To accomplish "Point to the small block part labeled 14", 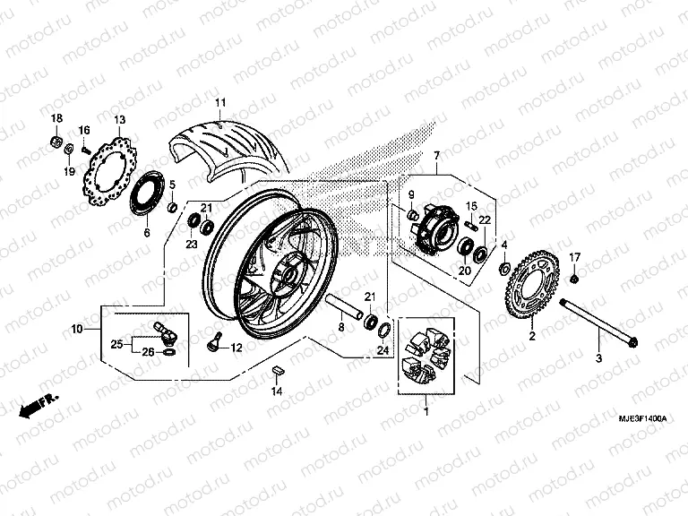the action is [278, 369].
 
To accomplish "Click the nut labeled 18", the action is [56, 142].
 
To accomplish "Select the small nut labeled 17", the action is [574, 279].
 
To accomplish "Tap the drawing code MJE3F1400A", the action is [642, 418].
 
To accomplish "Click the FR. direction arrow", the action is [39, 406].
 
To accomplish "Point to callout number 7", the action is [436, 155].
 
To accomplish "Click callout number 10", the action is [77, 328].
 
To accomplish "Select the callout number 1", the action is [426, 411].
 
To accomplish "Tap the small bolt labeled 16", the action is [85, 150].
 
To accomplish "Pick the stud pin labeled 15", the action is [471, 225].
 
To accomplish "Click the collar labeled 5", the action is [173, 206].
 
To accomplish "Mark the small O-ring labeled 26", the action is [170, 352].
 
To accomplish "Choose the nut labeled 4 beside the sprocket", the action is [504, 267].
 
